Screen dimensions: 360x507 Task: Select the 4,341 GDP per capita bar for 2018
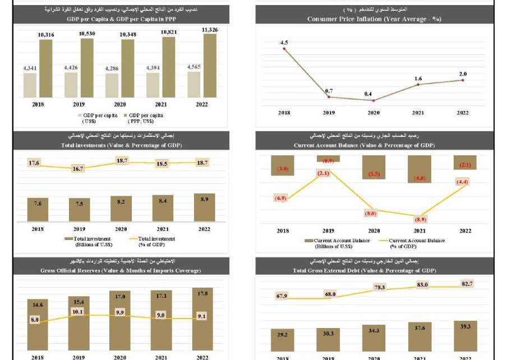pyautogui.click(x=30, y=85)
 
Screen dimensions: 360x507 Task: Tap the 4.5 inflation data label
pyautogui.click(x=284, y=43)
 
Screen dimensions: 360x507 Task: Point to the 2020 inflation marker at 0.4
pyautogui.click(x=374, y=100)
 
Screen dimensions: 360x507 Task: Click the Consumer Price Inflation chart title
pyautogui.click(x=374, y=19)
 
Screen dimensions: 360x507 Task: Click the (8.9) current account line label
pyautogui.click(x=419, y=219)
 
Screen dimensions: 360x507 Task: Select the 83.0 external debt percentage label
pyautogui.click(x=422, y=285)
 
